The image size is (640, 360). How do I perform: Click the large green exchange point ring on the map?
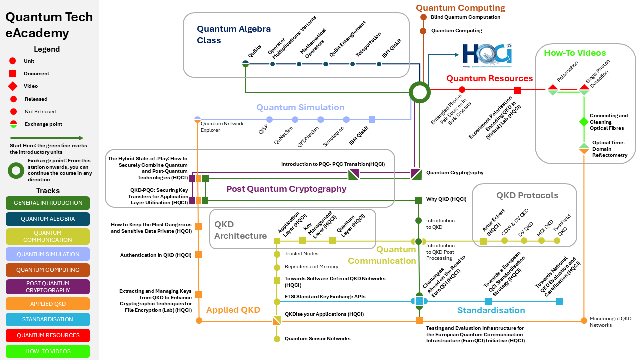[419, 92]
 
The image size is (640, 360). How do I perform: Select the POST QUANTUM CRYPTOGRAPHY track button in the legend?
[48, 287]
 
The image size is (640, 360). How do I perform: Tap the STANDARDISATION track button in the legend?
[48, 320]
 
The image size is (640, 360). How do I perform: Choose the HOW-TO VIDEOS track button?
[48, 351]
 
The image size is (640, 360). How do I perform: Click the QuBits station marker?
[245, 64]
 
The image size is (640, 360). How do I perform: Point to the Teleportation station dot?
[353, 64]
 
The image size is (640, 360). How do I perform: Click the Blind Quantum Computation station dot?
[423, 17]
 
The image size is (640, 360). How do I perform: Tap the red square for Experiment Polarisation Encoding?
[517, 90]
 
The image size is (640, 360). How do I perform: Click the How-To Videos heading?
[575, 53]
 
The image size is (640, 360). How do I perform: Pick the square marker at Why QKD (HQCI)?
[418, 200]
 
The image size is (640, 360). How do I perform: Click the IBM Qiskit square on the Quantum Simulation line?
[372, 119]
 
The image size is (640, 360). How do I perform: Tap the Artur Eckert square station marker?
[484, 241]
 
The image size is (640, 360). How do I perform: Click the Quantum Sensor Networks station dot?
[277, 339]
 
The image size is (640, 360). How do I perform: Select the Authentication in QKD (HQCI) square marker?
[199, 255]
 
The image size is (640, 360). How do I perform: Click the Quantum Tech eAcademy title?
[49, 25]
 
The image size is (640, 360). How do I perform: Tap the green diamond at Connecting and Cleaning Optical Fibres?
[584, 122]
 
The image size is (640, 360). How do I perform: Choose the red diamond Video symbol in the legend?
[13, 86]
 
